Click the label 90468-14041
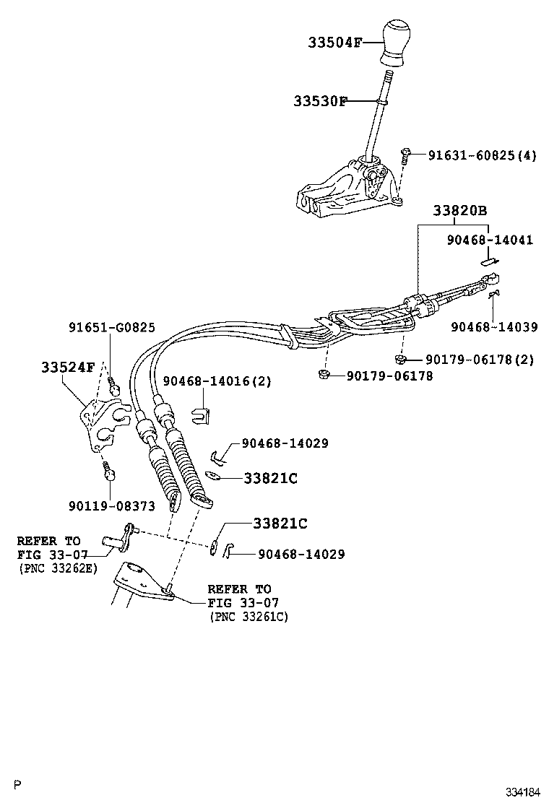489,240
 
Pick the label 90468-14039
494,326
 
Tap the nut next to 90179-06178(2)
399,358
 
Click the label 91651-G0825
112,327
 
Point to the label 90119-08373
112,506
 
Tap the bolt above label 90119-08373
110,474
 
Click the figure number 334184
522,791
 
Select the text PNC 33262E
58,568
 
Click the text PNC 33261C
248,617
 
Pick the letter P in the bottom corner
18,784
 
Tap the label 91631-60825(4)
482,155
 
